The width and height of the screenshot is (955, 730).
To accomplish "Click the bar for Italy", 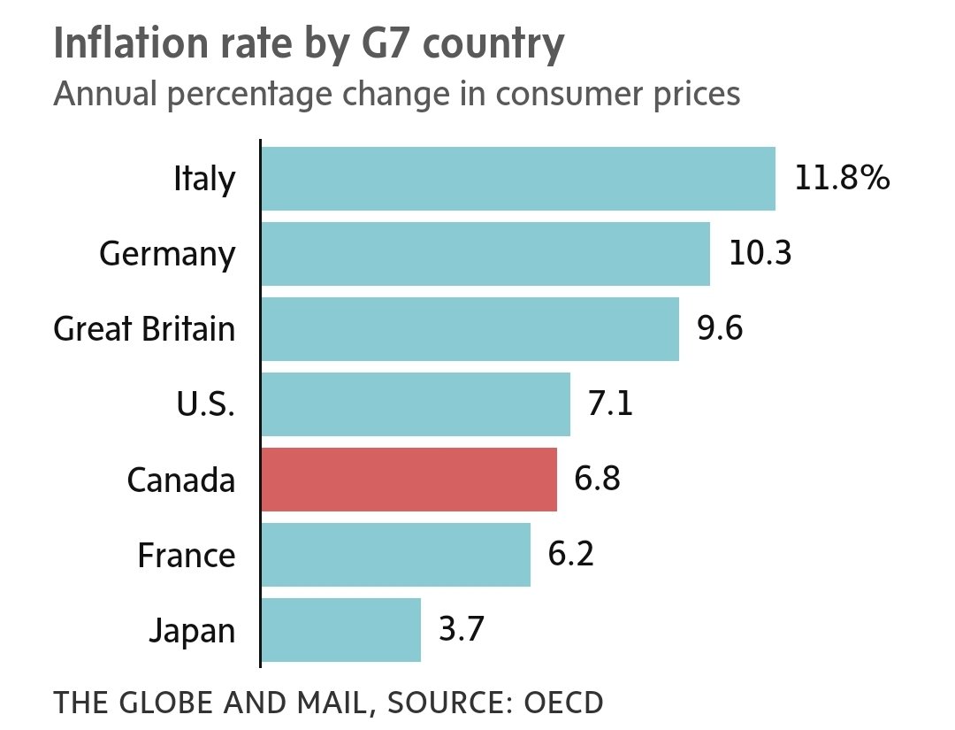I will click(518, 179).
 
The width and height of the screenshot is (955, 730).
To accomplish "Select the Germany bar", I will click(485, 254).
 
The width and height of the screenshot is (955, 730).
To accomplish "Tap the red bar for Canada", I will click(409, 480).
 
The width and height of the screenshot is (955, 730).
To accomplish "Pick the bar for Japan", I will click(340, 630).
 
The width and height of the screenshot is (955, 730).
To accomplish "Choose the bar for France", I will click(395, 555).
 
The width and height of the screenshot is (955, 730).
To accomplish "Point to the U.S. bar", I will click(416, 404).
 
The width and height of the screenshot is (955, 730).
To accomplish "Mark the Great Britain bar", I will click(470, 329).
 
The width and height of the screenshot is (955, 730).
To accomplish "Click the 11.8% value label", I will click(841, 179).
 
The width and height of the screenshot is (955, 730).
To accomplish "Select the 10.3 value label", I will click(760, 254).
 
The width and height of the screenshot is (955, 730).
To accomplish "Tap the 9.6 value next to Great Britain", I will click(720, 329).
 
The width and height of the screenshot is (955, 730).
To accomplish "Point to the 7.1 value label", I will click(612, 404).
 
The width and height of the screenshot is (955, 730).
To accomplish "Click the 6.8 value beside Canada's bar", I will click(598, 480).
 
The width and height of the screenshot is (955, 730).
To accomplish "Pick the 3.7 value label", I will click(462, 630).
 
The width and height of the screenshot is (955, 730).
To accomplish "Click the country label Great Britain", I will click(145, 329).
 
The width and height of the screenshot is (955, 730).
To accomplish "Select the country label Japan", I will click(192, 631).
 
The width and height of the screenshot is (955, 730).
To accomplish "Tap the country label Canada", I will click(181, 480).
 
